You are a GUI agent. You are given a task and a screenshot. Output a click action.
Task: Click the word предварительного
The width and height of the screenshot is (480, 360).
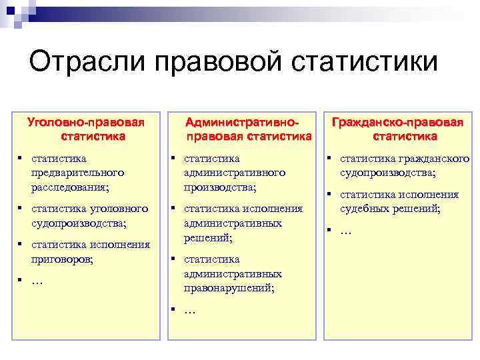77,173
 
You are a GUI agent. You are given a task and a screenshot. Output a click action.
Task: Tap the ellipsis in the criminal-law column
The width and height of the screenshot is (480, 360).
37,281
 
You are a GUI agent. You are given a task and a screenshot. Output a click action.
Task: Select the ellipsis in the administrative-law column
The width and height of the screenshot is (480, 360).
189,311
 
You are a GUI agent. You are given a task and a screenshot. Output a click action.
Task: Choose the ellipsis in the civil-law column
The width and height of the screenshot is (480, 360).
346,231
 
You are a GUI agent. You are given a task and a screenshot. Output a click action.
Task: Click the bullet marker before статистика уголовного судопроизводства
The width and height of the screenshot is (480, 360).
21,208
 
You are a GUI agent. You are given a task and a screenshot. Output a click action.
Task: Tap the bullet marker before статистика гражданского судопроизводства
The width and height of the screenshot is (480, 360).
329,158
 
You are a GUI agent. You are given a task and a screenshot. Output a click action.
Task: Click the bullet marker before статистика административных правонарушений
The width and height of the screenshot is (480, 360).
173,259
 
